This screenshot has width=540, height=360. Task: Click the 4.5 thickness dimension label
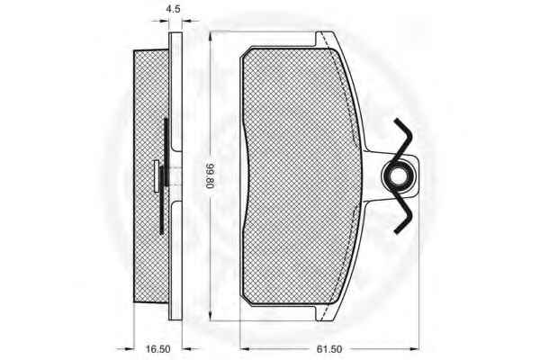coord(173,9)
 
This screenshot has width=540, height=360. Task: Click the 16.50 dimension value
coord(157,349)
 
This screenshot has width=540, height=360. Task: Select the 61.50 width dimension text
coord(329,349)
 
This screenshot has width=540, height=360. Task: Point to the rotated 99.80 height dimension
coord(211,176)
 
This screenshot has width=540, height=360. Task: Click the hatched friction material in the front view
coord(300,176)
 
